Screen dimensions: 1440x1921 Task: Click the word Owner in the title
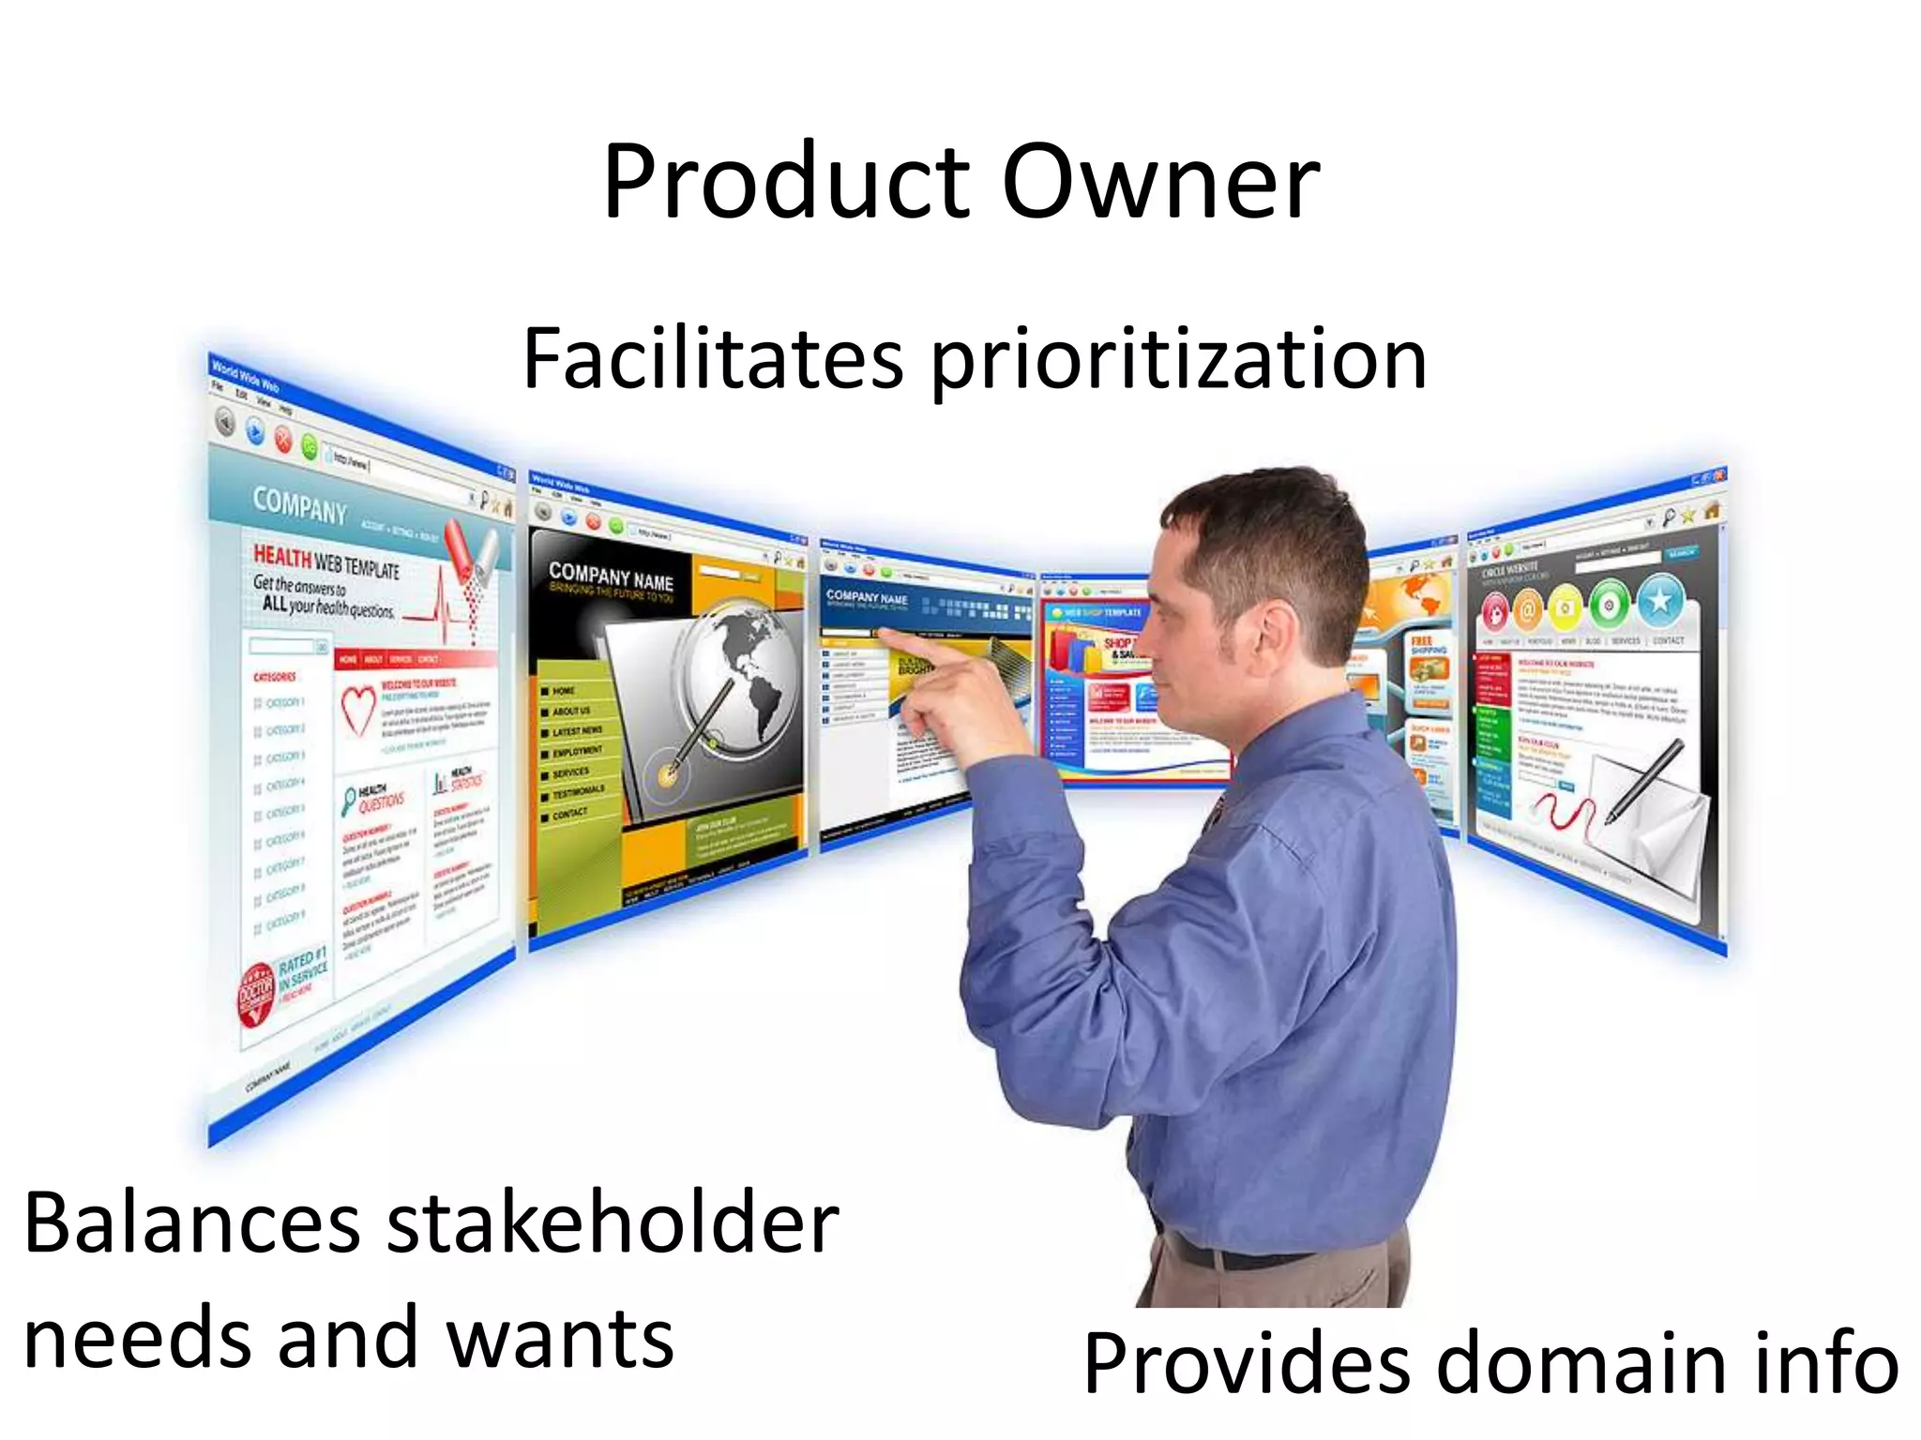tap(1161, 183)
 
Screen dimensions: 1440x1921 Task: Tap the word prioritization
tap(1179, 361)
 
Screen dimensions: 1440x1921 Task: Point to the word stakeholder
tap(613, 1223)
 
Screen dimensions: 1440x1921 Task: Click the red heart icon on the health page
tap(356, 710)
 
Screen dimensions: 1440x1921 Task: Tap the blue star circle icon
tap(1661, 601)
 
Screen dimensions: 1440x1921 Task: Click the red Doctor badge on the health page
tap(256, 994)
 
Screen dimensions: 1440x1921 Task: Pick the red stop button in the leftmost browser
tap(283, 440)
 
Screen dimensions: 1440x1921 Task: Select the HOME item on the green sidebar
tap(563, 691)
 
